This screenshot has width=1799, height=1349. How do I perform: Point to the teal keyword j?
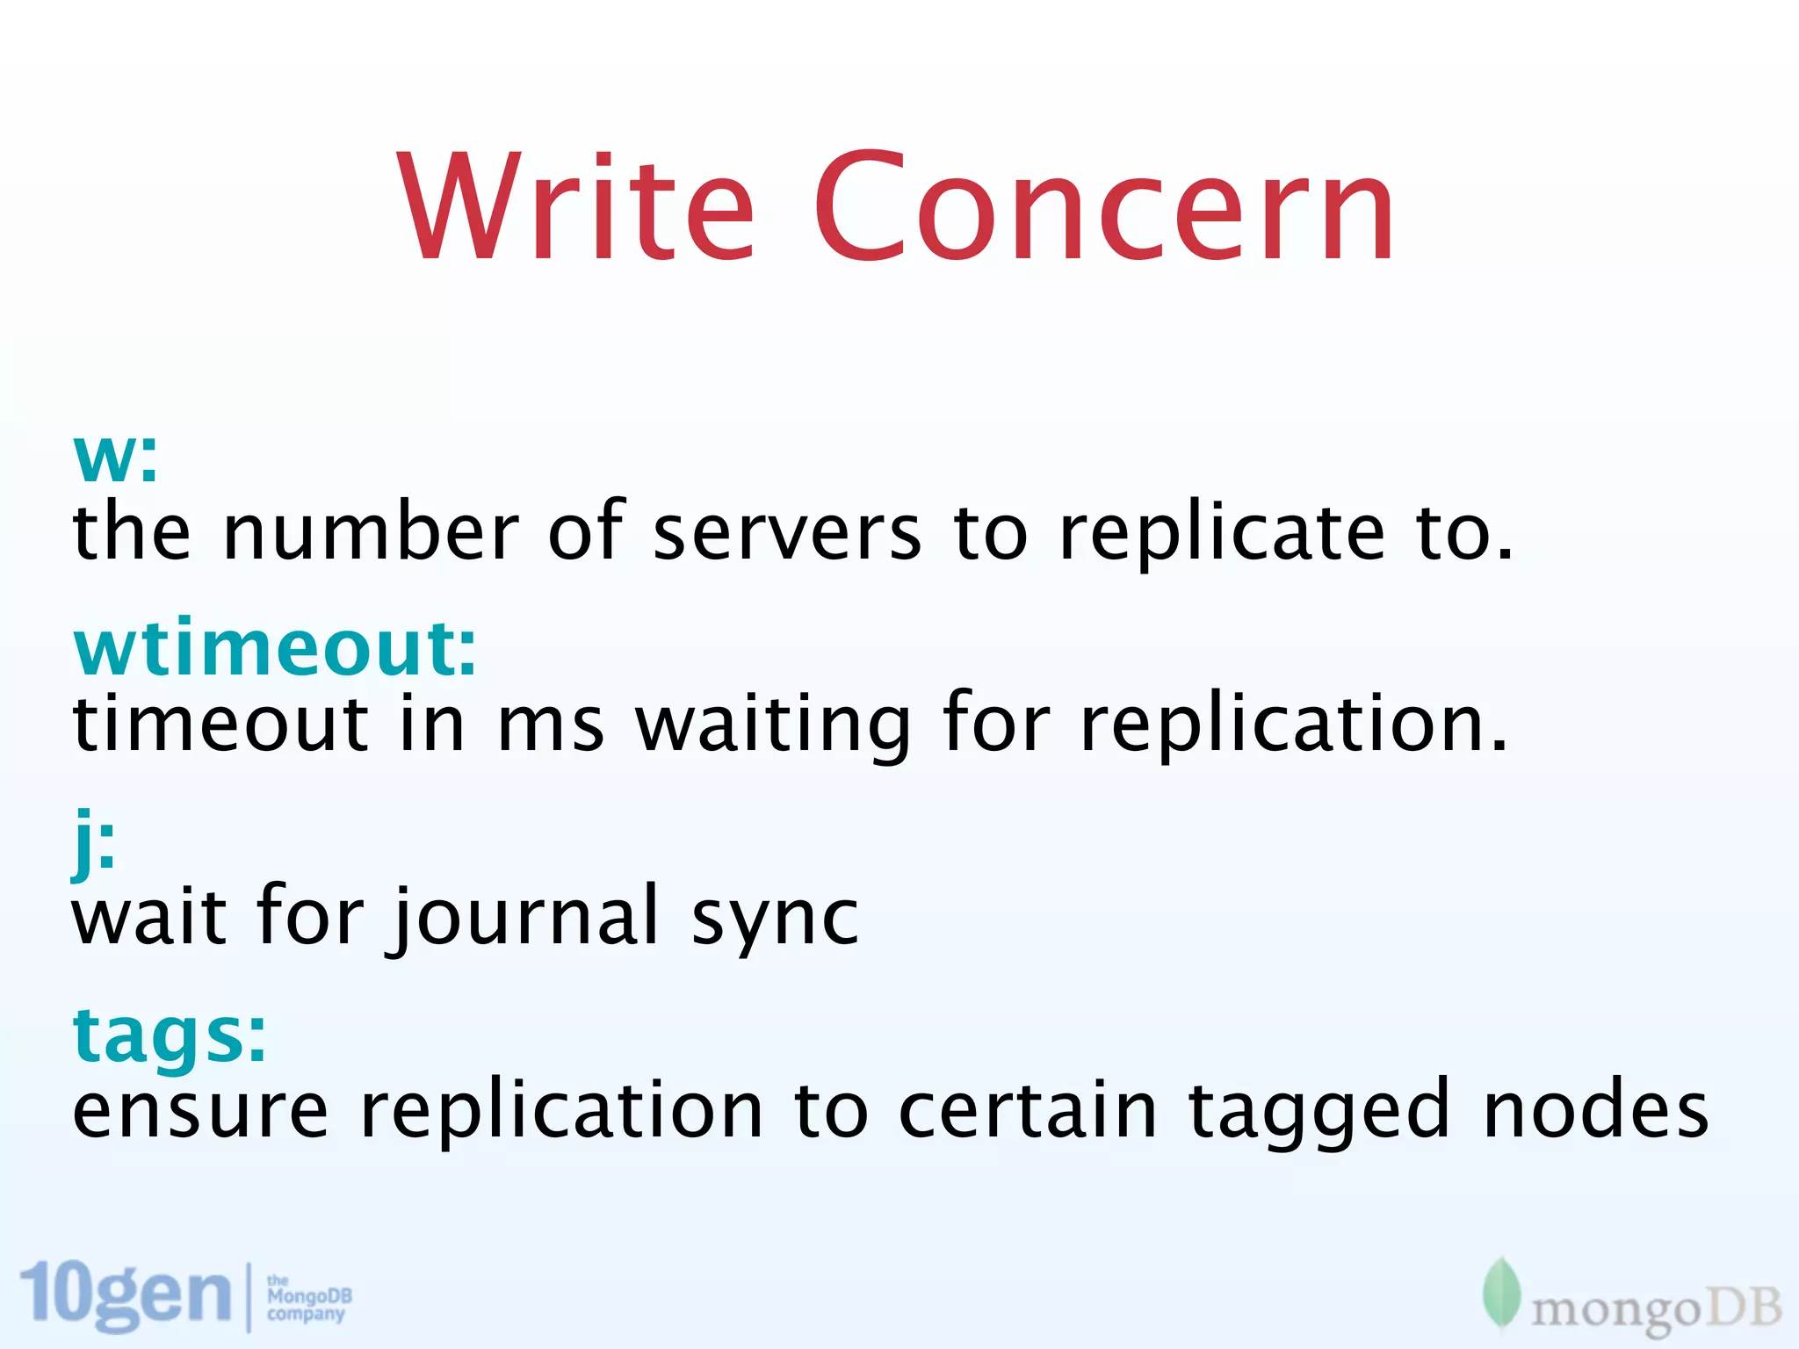point(93,841)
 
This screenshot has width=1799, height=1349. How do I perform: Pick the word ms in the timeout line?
point(551,725)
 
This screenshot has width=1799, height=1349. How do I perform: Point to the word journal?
point(525,918)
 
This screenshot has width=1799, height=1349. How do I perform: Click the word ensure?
point(200,1111)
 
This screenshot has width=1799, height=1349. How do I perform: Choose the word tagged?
point(1318,1112)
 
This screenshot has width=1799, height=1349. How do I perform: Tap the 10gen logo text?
point(125,1295)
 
